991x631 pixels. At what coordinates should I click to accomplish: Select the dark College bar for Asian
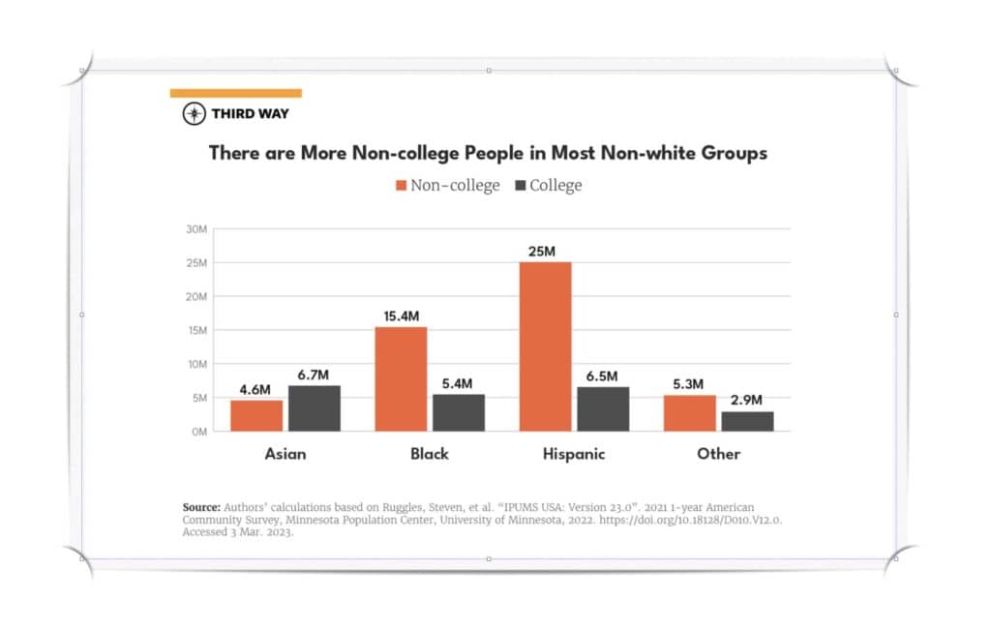314,407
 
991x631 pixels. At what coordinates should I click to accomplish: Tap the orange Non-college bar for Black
401,378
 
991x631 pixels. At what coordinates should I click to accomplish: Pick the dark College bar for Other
747,421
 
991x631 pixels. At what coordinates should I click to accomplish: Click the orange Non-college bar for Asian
256,415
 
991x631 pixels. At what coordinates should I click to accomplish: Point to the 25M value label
542,252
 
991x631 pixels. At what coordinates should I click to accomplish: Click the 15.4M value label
399,316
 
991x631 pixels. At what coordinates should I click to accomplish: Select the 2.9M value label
746,400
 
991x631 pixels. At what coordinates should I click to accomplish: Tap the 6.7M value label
315,375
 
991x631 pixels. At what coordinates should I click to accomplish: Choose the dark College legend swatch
519,185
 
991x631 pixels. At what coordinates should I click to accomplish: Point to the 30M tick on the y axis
196,229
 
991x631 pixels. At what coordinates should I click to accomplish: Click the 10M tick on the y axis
196,364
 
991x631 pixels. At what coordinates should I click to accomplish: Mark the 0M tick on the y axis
198,432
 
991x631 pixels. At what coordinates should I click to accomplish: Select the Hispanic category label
572,454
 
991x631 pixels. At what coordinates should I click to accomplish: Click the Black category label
429,454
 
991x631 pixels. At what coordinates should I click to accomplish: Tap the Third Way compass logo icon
195,114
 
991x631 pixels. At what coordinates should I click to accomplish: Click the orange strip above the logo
235,93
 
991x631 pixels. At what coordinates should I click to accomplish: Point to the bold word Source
201,507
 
